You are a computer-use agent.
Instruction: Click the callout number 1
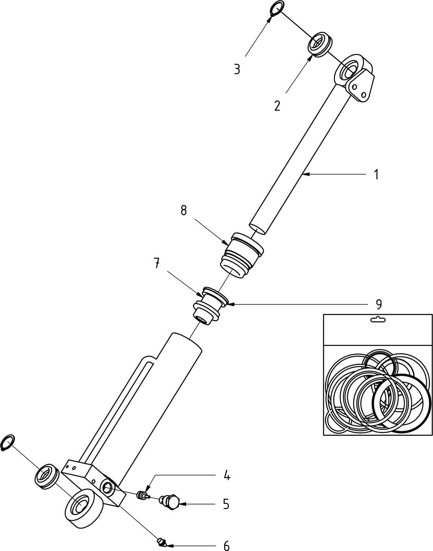pyautogui.click(x=376, y=174)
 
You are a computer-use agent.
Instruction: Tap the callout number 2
pyautogui.click(x=277, y=105)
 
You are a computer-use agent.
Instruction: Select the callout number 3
pyautogui.click(x=237, y=69)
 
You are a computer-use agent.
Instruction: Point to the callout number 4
pyautogui.click(x=227, y=475)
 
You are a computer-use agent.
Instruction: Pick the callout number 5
pyautogui.click(x=226, y=504)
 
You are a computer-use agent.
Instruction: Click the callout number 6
pyautogui.click(x=226, y=545)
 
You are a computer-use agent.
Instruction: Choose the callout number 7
pyautogui.click(x=156, y=263)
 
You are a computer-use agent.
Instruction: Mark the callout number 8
pyautogui.click(x=184, y=211)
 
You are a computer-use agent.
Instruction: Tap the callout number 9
pyautogui.click(x=378, y=304)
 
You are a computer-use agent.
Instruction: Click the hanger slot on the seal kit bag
pyautogui.click(x=378, y=320)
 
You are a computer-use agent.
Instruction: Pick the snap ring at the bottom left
pyautogui.click(x=8, y=442)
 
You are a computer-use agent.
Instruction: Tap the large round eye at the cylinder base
pyautogui.click(x=83, y=509)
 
